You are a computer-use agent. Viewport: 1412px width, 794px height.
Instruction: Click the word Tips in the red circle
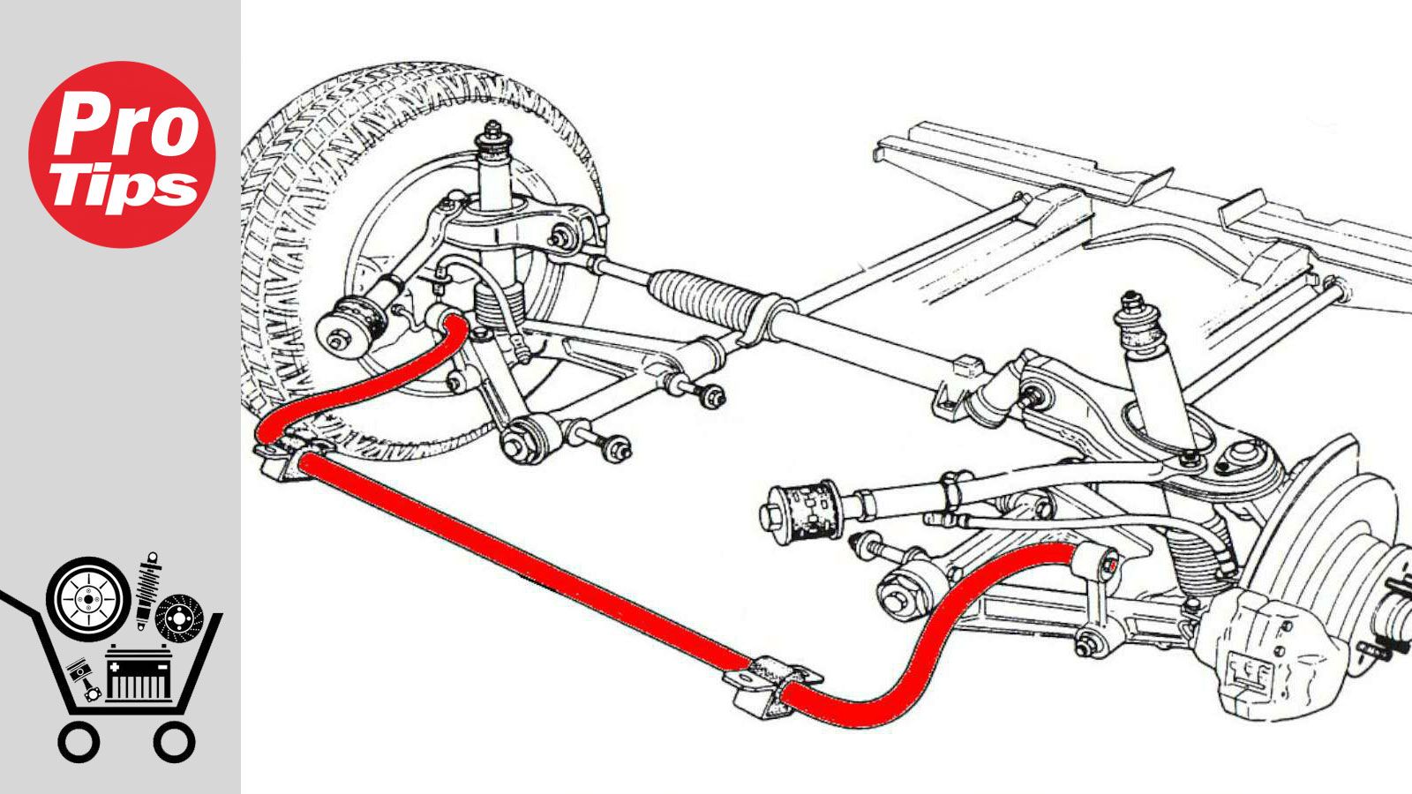(124, 186)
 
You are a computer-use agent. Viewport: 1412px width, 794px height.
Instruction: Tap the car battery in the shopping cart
(138, 674)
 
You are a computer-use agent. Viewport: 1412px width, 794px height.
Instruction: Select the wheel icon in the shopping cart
(88, 599)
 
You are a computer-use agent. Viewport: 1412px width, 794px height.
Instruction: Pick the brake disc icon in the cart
(180, 618)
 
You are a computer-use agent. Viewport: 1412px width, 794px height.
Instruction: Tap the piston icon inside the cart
(84, 678)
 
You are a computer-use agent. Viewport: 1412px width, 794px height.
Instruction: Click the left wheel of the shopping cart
(79, 742)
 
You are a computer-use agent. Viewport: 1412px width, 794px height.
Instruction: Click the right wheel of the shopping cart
(175, 742)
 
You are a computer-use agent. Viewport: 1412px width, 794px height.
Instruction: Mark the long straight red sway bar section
(523, 563)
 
